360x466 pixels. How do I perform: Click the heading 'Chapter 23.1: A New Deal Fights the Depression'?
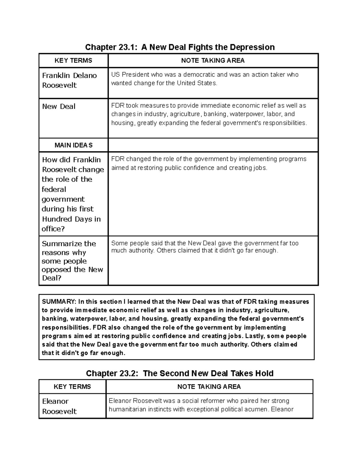[x=180, y=47]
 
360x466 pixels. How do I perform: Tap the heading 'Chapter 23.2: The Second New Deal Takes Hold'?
[x=180, y=373]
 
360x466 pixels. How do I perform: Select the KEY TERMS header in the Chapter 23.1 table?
[x=73, y=61]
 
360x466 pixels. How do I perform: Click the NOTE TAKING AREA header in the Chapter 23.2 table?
[x=209, y=387]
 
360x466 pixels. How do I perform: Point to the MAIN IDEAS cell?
[x=73, y=145]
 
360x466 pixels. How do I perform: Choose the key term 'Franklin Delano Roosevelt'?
[x=69, y=80]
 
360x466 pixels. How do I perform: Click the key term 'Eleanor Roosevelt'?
[x=59, y=406]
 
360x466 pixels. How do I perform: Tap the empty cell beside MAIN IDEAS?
[x=213, y=145]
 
